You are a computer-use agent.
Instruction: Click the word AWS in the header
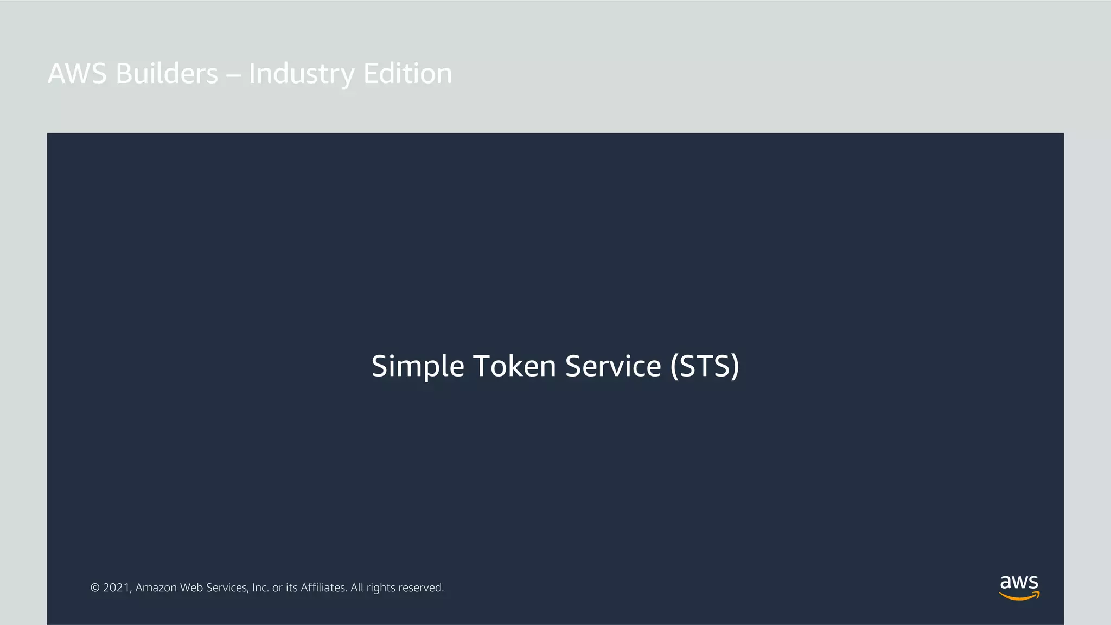[77, 74]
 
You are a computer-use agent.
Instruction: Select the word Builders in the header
[167, 74]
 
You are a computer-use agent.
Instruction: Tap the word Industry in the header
[301, 75]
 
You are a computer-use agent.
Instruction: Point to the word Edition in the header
[407, 74]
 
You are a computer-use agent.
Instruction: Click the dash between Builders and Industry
[233, 76]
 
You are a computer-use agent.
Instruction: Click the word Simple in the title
[418, 367]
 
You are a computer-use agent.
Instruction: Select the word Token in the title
[515, 366]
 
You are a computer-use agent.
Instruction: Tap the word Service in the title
[613, 366]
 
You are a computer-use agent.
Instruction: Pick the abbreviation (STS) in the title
[705, 367]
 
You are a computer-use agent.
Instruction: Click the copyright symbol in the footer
[95, 588]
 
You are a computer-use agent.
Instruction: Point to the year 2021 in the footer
[117, 588]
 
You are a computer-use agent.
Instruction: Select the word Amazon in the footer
[156, 588]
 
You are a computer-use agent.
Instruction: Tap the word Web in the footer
[191, 588]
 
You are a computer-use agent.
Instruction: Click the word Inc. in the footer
[260, 588]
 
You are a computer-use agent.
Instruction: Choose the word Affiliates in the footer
[324, 588]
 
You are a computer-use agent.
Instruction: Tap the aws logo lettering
[1019, 582]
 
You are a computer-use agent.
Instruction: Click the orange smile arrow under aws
[1019, 596]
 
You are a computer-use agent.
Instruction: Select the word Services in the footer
[227, 588]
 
